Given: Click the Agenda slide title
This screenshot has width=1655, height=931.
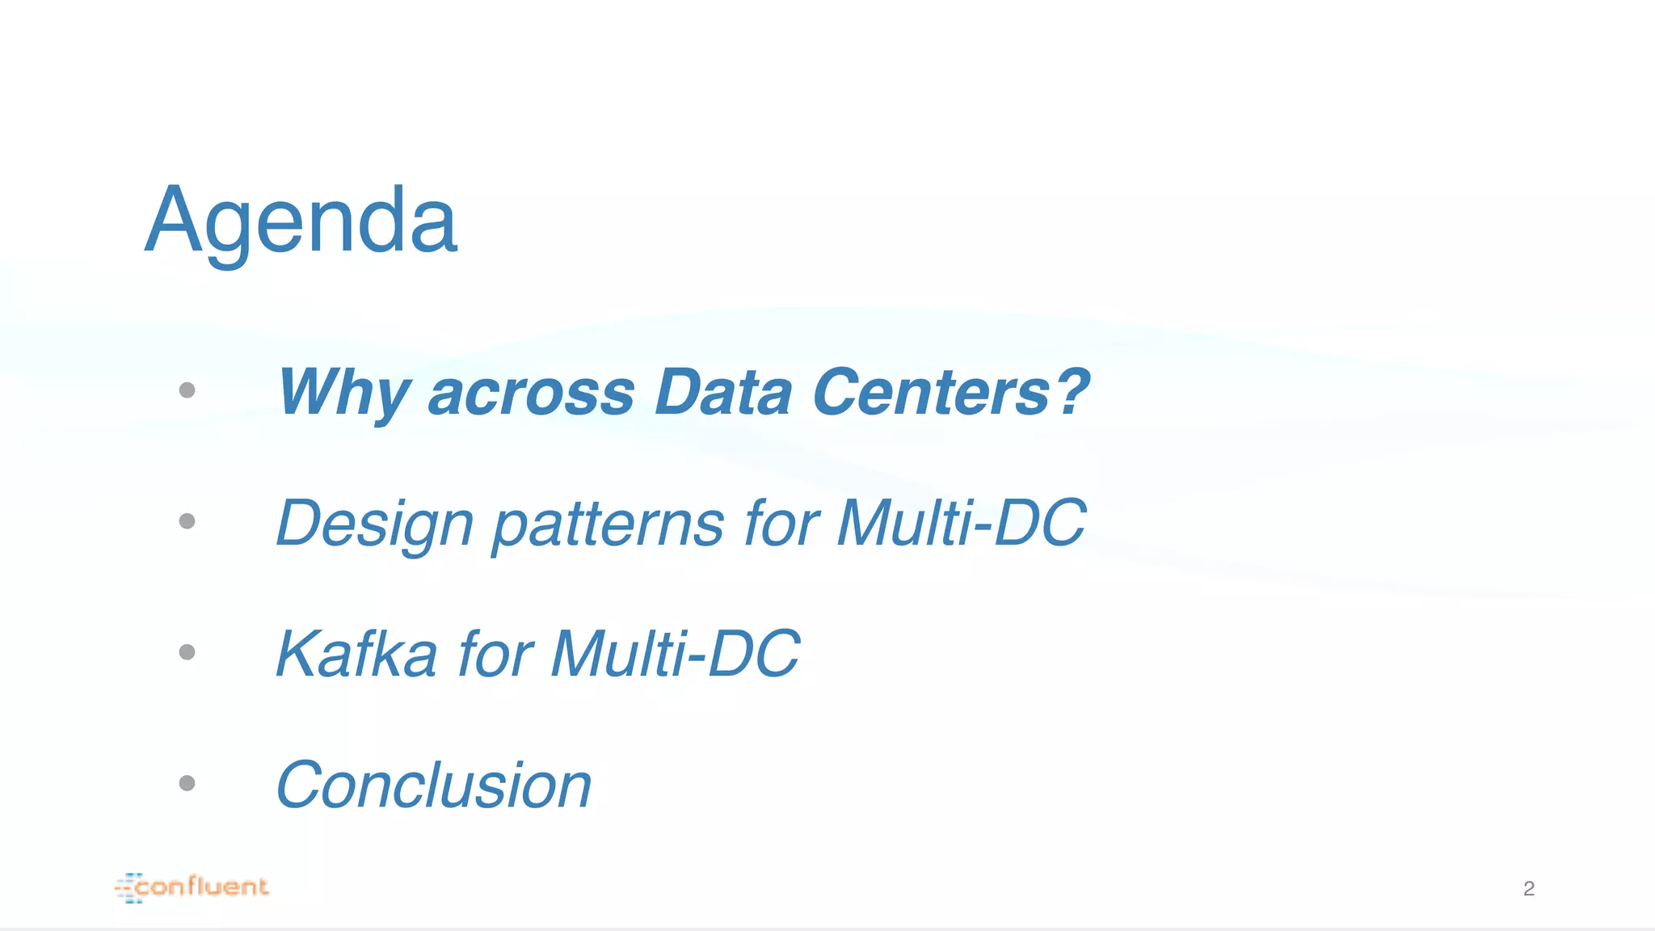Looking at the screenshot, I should (301, 220).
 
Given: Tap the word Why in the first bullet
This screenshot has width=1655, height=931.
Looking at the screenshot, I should (343, 393).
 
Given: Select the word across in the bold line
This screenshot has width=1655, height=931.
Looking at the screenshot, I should (531, 393).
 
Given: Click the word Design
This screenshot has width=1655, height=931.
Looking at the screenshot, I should (374, 524).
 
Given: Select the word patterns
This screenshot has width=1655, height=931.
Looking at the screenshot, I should (608, 524).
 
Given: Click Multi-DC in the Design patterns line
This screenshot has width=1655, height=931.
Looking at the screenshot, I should (961, 524).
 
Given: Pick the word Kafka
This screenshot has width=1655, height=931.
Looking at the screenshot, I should (356, 654).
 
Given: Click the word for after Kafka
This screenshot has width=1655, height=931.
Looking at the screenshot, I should (495, 654).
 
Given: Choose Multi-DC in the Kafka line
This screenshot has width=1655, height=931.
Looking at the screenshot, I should (675, 654).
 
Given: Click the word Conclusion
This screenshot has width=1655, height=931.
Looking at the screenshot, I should (434, 786).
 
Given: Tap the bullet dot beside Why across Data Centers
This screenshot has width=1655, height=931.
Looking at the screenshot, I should (187, 390).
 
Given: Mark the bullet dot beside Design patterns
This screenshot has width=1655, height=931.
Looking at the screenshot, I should (187, 521).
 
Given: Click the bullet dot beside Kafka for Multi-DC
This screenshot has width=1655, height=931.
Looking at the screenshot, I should (187, 652).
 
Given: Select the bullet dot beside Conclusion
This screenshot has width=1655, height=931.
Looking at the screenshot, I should (187, 783).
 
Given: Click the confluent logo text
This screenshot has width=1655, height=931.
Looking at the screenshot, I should (202, 887).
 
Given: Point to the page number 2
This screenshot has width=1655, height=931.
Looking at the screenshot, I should (1528, 889).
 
